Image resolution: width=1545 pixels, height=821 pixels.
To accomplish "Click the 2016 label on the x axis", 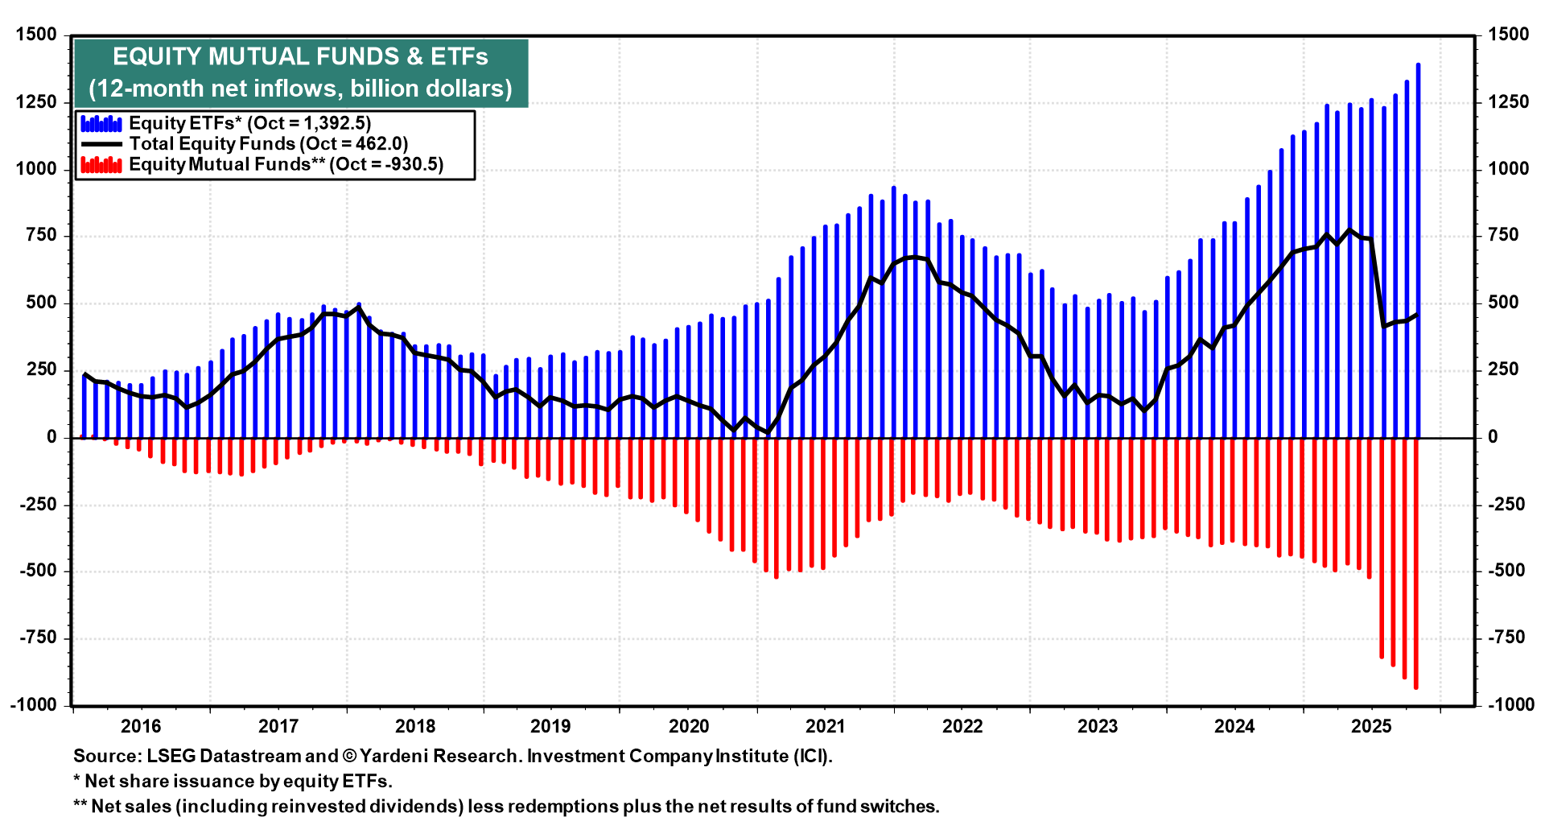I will (x=141, y=726).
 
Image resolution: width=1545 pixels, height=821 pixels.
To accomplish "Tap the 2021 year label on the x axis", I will (x=826, y=726).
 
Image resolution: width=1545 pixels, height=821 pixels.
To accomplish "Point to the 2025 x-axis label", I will (x=1371, y=726).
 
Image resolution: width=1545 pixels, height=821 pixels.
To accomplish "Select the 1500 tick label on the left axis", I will (x=36, y=35).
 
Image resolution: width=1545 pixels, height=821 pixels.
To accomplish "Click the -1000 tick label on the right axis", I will (x=1511, y=705).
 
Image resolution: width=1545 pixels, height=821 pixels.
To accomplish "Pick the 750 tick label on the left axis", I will (x=41, y=235).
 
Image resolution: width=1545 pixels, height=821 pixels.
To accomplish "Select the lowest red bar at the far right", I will (x=1416, y=563).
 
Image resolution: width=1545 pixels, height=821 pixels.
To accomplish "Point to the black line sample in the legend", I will (x=101, y=144).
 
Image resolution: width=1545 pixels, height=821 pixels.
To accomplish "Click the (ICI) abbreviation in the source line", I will (x=813, y=757).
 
